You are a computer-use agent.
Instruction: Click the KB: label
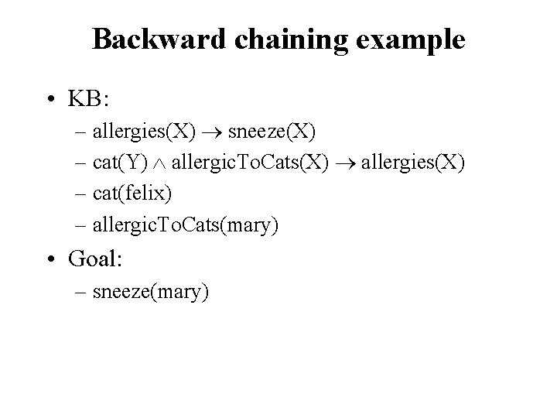pyautogui.click(x=91, y=101)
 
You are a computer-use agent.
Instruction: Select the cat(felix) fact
pyautogui.click(x=132, y=194)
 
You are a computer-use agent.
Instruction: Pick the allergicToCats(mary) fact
pyautogui.click(x=185, y=226)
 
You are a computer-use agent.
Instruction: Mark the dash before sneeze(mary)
pyautogui.click(x=82, y=293)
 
